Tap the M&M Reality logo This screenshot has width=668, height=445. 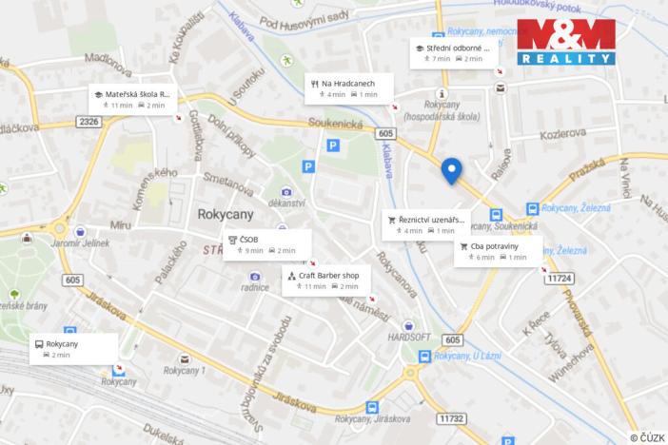pyautogui.click(x=566, y=41)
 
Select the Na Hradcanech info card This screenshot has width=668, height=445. pyautogui.click(x=347, y=87)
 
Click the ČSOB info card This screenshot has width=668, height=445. pyautogui.click(x=266, y=244)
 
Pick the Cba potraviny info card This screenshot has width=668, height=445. pyautogui.click(x=498, y=251)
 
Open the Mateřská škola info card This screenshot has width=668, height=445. pyautogui.click(x=132, y=99)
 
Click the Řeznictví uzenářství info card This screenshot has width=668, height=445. pyautogui.click(x=426, y=224)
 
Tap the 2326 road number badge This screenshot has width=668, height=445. pyautogui.click(x=89, y=122)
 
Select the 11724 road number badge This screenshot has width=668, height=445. pyautogui.click(x=560, y=278)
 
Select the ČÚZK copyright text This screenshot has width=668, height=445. pyautogui.click(x=647, y=436)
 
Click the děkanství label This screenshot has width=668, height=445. pyautogui.click(x=286, y=203)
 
